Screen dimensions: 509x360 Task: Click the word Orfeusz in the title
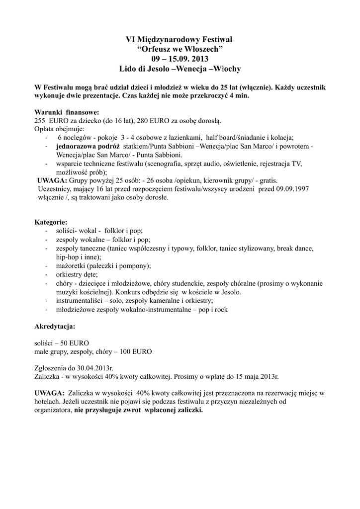pos(155,48)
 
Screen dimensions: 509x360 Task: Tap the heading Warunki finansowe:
pos(67,112)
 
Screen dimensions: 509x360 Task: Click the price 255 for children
pos(40,121)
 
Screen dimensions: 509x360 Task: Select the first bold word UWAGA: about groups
pos(52,180)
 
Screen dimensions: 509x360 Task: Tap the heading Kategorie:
pos(51,222)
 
